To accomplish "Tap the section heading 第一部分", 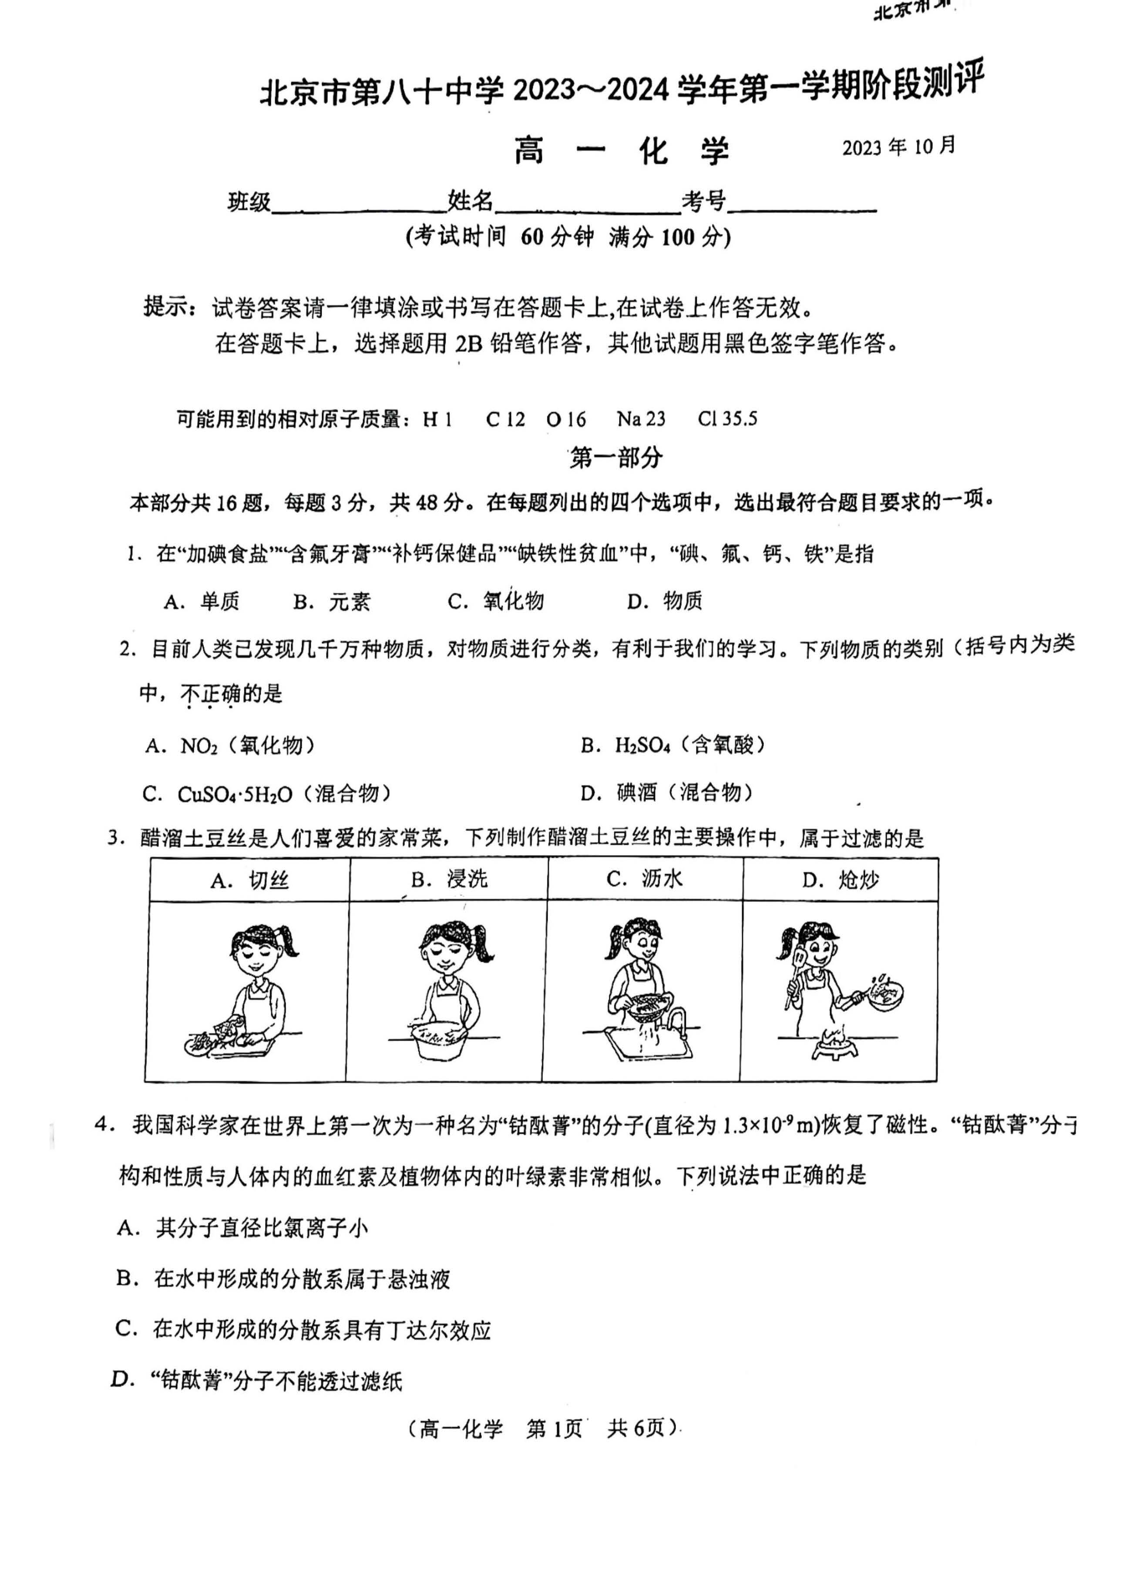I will [x=616, y=458].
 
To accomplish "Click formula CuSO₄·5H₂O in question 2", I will [x=235, y=794].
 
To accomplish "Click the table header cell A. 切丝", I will [x=249, y=881].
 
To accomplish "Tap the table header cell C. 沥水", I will [x=644, y=880].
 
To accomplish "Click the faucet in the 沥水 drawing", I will [x=678, y=1019].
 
